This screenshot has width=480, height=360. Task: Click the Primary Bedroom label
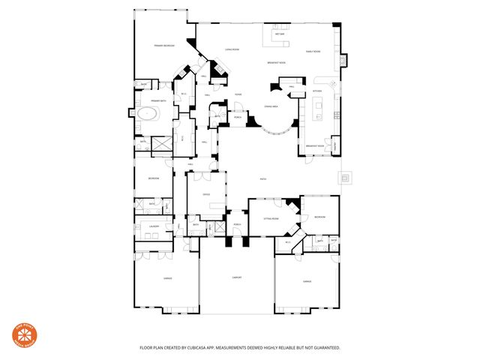(x=164, y=46)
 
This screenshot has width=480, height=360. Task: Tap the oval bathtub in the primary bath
(x=147, y=114)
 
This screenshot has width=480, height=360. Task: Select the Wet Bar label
(x=279, y=34)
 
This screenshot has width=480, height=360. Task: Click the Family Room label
(x=313, y=51)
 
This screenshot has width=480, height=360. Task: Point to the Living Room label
(x=232, y=50)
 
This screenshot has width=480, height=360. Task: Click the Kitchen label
(x=317, y=91)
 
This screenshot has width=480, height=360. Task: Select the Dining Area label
(x=271, y=107)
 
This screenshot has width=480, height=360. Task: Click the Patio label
(x=262, y=179)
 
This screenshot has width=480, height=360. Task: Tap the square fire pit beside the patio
(x=346, y=178)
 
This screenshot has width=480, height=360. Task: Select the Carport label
(x=235, y=278)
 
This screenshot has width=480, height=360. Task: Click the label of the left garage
(x=167, y=278)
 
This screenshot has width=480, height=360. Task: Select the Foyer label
(x=237, y=94)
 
